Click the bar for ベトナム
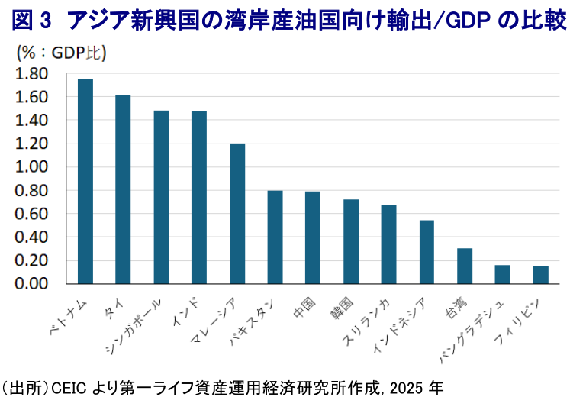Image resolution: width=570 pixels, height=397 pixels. click(85, 182)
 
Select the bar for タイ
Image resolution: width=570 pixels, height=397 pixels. click(123, 189)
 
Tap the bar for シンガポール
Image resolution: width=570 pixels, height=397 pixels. click(161, 197)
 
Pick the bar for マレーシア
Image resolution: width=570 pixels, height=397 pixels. click(237, 214)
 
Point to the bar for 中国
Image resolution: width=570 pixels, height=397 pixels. click(313, 237)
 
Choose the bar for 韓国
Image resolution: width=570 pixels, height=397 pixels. click(351, 241)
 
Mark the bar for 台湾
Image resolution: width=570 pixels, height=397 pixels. click(465, 266)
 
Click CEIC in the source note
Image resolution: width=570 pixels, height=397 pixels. click(69, 384)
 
